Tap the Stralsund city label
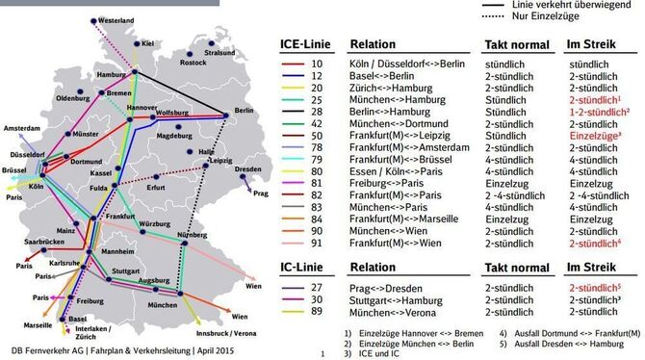click(x=219, y=53)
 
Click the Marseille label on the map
click(x=39, y=325)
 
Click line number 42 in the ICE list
click(x=316, y=123)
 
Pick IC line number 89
click(x=316, y=313)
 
